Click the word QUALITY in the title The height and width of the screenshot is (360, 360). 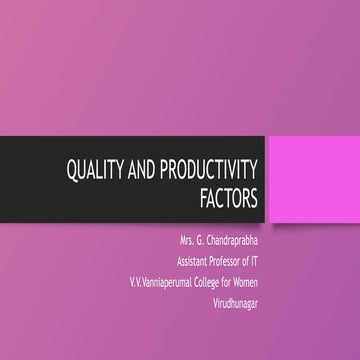[97, 171]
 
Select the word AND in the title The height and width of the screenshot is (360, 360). [148, 171]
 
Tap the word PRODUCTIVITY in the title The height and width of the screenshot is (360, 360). [215, 171]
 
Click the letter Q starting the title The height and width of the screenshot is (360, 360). [72, 171]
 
